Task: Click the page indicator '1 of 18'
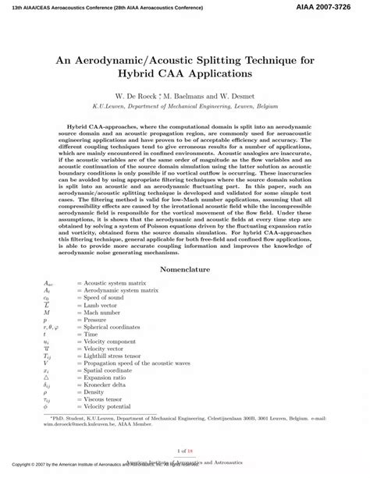pos(185,451)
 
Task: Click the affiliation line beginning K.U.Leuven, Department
pos(185,110)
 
